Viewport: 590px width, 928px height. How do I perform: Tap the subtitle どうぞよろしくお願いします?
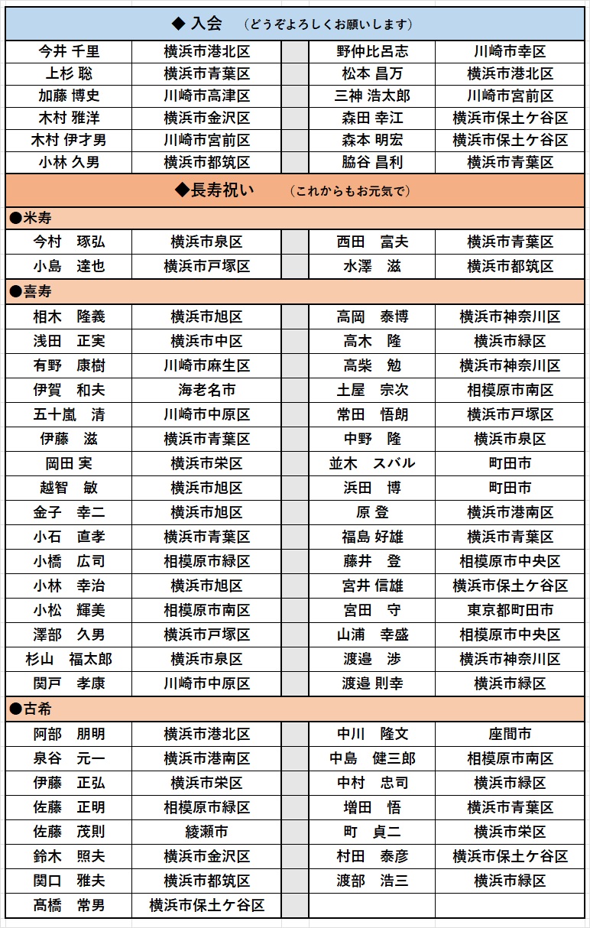click(329, 24)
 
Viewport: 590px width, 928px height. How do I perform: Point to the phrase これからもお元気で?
click(351, 191)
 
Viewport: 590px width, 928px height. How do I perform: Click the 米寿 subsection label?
click(31, 218)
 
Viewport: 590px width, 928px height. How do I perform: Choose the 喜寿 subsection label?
click(31, 291)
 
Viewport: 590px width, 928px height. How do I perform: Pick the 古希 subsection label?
click(31, 709)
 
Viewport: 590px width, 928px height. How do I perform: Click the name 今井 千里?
click(69, 52)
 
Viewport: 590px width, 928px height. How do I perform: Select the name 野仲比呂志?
click(372, 52)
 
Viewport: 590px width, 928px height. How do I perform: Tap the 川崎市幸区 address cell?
click(510, 52)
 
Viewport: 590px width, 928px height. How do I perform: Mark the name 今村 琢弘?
click(69, 242)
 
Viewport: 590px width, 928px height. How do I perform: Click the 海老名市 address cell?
click(206, 390)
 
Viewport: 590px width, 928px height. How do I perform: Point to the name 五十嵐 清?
click(69, 414)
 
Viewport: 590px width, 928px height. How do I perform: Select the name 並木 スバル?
click(372, 463)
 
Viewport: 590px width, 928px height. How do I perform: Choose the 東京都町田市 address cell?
click(510, 610)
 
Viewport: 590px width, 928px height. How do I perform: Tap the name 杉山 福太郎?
click(69, 659)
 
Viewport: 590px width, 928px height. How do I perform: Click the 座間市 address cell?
click(510, 734)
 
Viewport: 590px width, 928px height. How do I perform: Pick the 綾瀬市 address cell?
click(206, 832)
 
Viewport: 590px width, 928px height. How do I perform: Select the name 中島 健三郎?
click(372, 758)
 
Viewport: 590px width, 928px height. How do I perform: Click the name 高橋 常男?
click(69, 905)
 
